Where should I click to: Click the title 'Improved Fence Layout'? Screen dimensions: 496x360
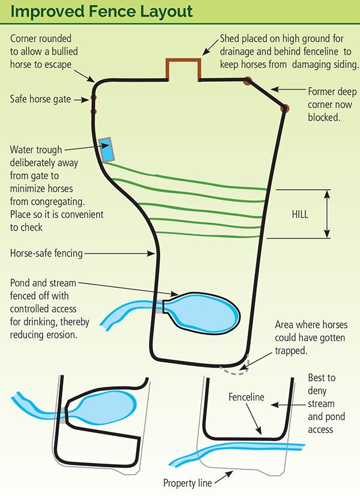(100, 12)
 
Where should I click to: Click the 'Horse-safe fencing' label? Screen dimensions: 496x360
(46, 253)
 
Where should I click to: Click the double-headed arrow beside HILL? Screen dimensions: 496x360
(328, 214)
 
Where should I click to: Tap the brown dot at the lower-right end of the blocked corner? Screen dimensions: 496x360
(284, 108)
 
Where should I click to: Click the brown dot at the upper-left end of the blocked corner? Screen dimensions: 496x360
(247, 80)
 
